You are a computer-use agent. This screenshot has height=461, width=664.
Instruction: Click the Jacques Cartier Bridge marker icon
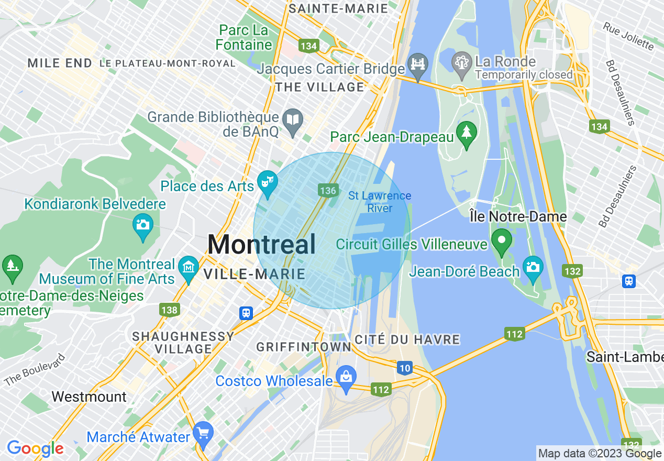pos(418,65)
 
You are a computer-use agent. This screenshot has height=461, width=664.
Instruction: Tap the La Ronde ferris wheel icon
pos(461,63)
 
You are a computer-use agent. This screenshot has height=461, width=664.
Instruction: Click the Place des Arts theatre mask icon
pos(267,183)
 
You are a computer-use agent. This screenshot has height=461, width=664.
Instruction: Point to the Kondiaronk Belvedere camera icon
pos(143,226)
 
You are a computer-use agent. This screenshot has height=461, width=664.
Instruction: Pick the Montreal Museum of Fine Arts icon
pos(188,267)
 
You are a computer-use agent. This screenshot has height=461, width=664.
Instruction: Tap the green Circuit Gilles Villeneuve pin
pos(502,241)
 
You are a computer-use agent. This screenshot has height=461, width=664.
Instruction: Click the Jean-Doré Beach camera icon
pos(533,267)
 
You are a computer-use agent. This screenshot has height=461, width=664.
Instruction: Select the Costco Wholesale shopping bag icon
pos(346,377)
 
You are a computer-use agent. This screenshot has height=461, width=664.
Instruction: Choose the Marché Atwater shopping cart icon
pos(203,433)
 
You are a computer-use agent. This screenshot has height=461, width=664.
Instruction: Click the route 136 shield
pos(328,191)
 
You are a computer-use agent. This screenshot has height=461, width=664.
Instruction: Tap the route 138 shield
pos(169,310)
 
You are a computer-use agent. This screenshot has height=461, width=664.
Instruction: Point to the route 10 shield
pos(404,368)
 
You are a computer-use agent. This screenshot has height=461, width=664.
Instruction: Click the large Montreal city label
pos(262,245)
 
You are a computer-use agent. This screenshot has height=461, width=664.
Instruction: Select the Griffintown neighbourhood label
pos(304,347)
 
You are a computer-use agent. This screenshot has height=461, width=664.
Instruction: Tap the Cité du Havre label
pos(407,339)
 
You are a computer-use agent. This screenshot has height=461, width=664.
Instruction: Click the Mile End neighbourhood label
pos(60,63)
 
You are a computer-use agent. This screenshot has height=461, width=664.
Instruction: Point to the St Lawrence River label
pos(380,202)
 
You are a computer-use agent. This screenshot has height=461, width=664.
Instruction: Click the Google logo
pos(35,448)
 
